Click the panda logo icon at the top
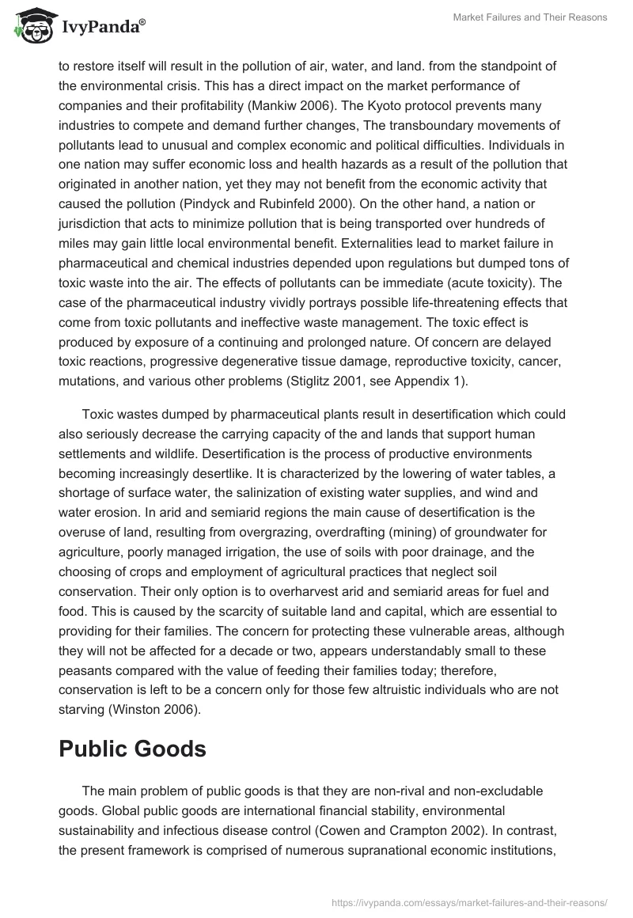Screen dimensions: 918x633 [31, 25]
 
